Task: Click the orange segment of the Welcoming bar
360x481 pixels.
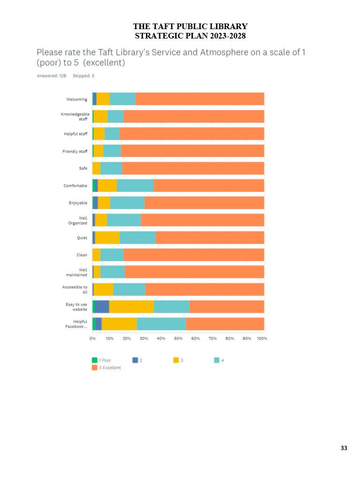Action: tap(199, 99)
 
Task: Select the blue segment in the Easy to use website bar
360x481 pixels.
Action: tap(102, 306)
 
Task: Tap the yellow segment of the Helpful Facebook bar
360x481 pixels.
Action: tap(119, 324)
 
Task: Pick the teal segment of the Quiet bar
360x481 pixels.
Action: tap(137, 238)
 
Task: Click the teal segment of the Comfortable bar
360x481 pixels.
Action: tap(135, 186)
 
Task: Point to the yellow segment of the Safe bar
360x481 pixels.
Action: tap(96, 168)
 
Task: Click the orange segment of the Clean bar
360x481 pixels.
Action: tap(193, 255)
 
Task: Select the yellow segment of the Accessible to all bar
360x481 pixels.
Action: tap(104, 289)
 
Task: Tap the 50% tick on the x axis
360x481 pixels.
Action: tap(178, 338)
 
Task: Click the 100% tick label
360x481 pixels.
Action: tap(262, 338)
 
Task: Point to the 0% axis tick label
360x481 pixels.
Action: tap(92, 338)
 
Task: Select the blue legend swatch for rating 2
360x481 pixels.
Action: tap(135, 360)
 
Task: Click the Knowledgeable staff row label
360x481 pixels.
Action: tap(75, 116)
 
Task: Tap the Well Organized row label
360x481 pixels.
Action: tap(78, 220)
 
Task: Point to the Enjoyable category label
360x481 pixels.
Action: tap(78, 203)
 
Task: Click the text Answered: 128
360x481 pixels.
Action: tap(51, 76)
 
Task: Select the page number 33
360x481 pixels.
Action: tap(344, 448)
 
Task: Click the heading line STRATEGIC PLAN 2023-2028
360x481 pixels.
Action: tap(190, 36)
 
